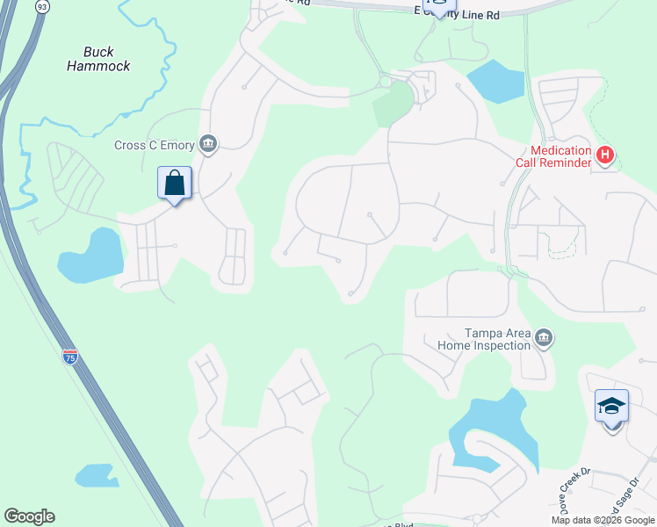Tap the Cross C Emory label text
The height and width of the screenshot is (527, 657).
click(155, 146)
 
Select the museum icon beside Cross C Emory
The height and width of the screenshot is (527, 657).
click(208, 143)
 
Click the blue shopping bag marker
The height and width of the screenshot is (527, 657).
click(175, 184)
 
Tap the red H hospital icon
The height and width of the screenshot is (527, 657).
click(604, 155)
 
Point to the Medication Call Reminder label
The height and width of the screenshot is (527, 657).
click(562, 157)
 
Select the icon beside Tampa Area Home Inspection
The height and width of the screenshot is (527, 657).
click(544, 338)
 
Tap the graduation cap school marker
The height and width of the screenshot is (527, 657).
click(611, 407)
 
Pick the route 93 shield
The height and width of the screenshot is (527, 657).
click(42, 6)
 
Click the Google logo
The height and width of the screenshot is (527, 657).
click(29, 516)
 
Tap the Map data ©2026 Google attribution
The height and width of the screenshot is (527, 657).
click(603, 520)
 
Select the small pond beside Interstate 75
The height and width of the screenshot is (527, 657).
click(97, 476)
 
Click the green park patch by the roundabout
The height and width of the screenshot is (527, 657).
click(393, 105)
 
